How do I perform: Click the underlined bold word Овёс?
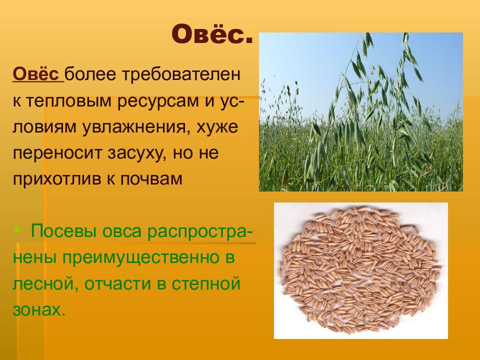(36, 74)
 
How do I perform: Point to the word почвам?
(151, 179)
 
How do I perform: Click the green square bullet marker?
(17, 228)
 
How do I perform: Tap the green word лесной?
(43, 283)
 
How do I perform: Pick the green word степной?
(205, 284)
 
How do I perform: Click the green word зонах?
(39, 310)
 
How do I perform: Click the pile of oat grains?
(360, 270)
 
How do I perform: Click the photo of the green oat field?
(361, 112)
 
